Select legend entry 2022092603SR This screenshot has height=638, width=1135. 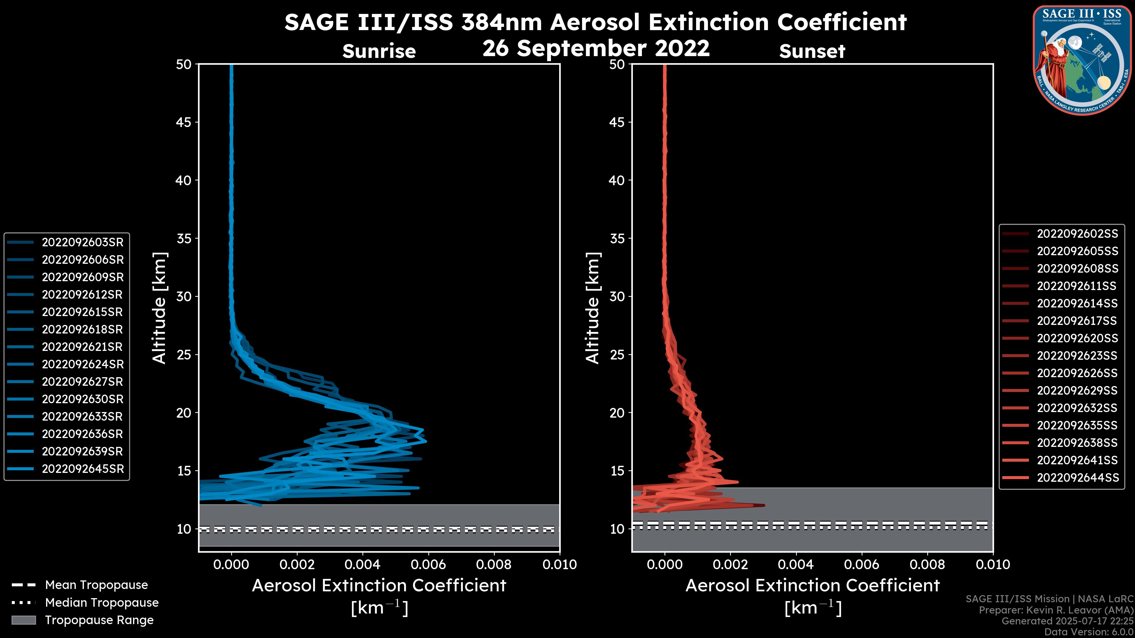click(x=82, y=242)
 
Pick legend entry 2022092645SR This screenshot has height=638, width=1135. click(x=82, y=469)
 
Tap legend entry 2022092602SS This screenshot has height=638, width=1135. click(x=1077, y=234)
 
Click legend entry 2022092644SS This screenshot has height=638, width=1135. click(x=1077, y=478)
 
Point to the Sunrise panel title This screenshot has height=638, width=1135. click(x=379, y=51)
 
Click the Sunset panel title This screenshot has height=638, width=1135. click(x=812, y=51)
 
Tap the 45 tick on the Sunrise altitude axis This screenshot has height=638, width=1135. click(x=184, y=122)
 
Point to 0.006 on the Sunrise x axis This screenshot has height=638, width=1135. click(x=428, y=564)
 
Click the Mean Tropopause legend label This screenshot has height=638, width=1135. click(x=96, y=585)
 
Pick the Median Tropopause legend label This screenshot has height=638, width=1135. click(x=102, y=603)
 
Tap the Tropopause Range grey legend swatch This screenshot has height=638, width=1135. click(x=24, y=620)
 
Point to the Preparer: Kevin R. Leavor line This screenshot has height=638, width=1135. click(x=1056, y=610)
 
